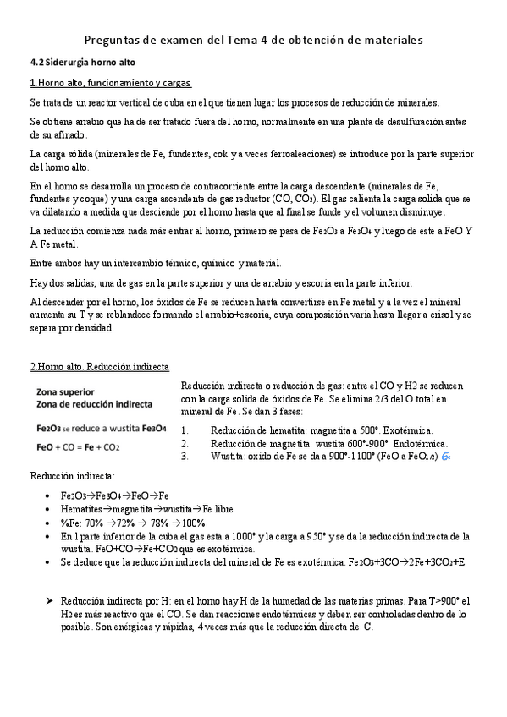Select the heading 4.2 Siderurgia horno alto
coord(82,63)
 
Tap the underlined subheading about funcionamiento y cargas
coord(111,83)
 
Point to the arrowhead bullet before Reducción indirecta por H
coord(50,600)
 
